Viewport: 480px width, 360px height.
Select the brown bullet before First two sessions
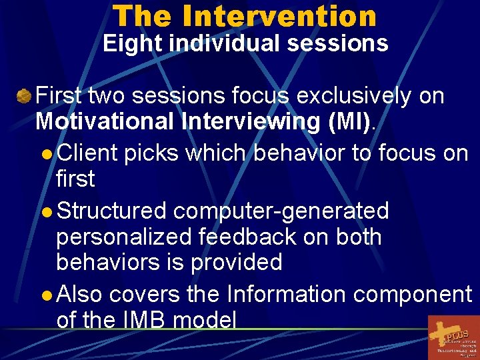24,97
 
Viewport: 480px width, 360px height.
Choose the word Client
87,153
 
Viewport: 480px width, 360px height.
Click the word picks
150,153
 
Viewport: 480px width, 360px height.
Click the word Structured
111,211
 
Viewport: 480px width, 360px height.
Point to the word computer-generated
281,211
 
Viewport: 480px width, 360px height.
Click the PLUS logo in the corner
453,337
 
